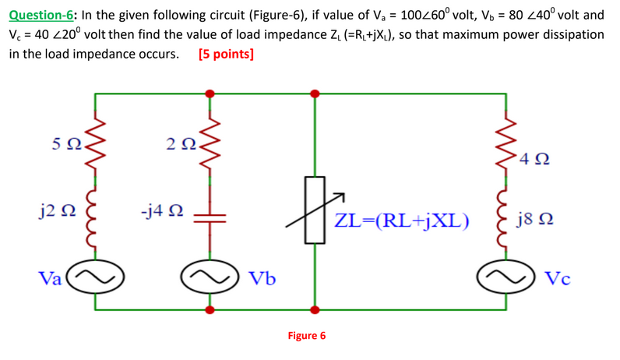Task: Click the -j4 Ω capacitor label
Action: [162, 210]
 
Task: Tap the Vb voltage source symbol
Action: [209, 277]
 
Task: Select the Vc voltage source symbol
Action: [510, 277]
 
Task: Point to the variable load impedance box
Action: [315, 210]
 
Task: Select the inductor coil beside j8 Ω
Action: [510, 217]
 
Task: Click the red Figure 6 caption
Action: [307, 336]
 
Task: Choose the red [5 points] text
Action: [226, 55]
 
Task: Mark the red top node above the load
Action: [315, 94]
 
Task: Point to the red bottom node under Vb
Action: [209, 309]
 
